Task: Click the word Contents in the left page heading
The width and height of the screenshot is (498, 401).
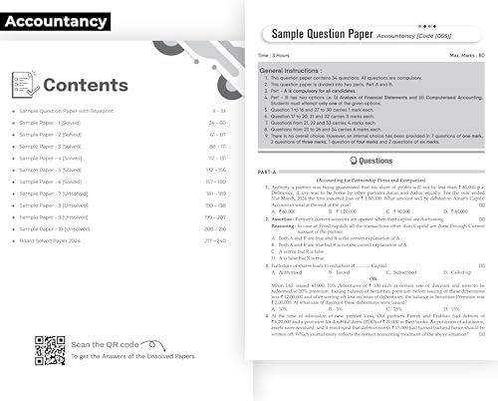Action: point(85,85)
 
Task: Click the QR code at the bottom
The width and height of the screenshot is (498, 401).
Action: point(43,348)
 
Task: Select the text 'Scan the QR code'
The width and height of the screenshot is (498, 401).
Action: point(106,343)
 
